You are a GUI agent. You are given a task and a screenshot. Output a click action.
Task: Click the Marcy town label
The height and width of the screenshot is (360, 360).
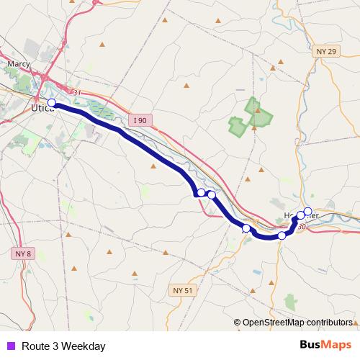pos(17,63)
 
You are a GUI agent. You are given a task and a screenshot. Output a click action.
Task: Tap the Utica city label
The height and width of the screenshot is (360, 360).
pos(42,109)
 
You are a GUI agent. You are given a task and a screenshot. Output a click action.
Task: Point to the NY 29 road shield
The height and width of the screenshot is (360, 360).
pos(325,52)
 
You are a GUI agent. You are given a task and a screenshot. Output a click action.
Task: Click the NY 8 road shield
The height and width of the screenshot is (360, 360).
pos(23,253)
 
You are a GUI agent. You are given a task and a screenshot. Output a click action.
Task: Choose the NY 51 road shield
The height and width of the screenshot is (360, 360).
pos(183,290)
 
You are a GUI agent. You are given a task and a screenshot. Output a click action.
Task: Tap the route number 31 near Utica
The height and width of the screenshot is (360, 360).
pos(77,91)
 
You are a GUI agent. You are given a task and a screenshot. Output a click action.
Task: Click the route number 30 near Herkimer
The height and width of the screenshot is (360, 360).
pos(301,228)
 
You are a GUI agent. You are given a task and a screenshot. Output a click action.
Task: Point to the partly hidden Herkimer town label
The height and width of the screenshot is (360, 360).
pos(299,215)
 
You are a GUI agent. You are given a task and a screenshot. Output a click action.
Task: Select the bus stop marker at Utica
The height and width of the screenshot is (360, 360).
pos(52,103)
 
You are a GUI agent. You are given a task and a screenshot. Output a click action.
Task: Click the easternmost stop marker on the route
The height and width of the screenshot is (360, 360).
pos(307,211)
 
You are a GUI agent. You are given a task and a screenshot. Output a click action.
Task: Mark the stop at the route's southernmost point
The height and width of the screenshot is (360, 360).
pos(282,235)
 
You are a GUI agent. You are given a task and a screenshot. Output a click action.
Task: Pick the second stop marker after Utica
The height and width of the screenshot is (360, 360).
pos(211,194)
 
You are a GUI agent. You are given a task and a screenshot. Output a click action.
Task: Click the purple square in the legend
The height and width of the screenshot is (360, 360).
pos(11,346)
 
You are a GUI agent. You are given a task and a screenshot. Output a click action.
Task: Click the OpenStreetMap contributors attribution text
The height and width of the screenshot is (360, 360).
pos(297,322)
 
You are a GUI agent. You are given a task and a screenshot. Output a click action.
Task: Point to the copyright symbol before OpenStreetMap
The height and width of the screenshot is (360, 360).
pos(237,322)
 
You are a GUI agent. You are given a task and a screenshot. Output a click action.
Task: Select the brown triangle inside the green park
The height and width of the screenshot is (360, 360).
pos(253,128)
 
